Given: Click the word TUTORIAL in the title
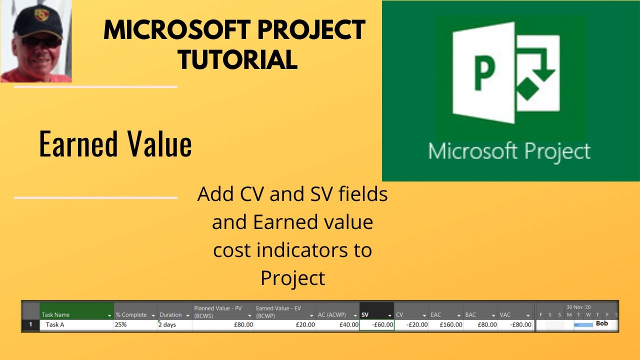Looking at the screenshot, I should pyautogui.click(x=238, y=60).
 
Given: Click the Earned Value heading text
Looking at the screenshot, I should pyautogui.click(x=115, y=145).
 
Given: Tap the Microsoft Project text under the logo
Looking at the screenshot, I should pyautogui.click(x=509, y=150).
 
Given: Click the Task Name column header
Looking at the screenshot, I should pyautogui.click(x=56, y=315).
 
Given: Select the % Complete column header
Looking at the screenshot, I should pyautogui.click(x=131, y=315).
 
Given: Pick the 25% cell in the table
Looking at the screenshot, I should pyautogui.click(x=121, y=325).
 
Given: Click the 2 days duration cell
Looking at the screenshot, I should pyautogui.click(x=167, y=325).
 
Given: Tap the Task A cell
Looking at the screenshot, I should pyautogui.click(x=55, y=325).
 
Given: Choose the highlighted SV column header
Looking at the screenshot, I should pyautogui.click(x=365, y=315).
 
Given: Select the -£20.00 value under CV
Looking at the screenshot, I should pyautogui.click(x=416, y=325).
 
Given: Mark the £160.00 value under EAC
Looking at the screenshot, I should pyautogui.click(x=451, y=325).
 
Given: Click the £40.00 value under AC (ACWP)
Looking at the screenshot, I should pyautogui.click(x=348, y=325).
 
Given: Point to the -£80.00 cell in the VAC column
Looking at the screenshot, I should pyautogui.click(x=520, y=325).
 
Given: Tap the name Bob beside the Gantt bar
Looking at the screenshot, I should pyautogui.click(x=602, y=324).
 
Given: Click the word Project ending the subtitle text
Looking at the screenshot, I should pyautogui.click(x=293, y=278).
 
